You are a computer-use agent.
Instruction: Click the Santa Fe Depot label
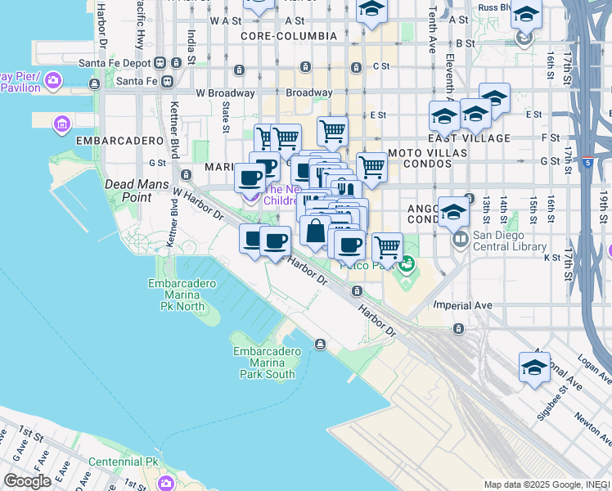[114, 62]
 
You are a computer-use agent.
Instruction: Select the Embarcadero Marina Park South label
[263, 363]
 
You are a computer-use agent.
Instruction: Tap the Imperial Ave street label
[463, 305]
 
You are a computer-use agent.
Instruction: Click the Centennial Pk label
[123, 462]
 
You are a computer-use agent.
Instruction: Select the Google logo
[27, 480]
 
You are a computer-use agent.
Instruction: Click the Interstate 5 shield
[589, 163]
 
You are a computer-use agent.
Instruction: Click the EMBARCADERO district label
[119, 141]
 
